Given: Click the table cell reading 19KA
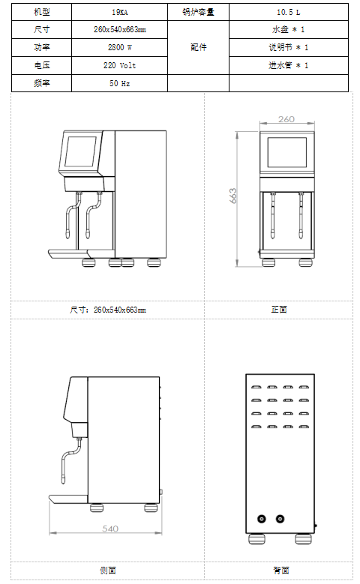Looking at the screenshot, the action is click(x=120, y=12).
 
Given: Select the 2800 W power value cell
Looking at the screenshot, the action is click(x=120, y=47).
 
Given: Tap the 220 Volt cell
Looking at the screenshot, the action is click(x=120, y=65).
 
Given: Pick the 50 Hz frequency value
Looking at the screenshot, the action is click(x=120, y=83).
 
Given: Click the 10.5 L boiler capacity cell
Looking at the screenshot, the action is click(x=289, y=12).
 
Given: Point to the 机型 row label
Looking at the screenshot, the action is click(x=42, y=12).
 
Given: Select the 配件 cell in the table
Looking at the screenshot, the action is click(x=198, y=47).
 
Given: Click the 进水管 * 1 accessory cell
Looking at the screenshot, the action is click(x=289, y=65).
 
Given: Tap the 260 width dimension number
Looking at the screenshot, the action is click(x=286, y=119).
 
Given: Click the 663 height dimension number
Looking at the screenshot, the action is click(x=233, y=196).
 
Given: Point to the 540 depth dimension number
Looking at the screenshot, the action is click(x=110, y=529).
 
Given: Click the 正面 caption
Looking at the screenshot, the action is click(x=279, y=310).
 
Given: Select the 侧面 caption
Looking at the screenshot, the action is click(x=108, y=571).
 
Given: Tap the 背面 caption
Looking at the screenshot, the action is click(x=281, y=571).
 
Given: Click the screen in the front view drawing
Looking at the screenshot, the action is click(x=287, y=153).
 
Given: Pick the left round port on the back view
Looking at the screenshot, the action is click(x=262, y=519).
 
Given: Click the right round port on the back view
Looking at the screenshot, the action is click(x=280, y=519).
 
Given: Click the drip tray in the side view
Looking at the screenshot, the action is click(x=68, y=499).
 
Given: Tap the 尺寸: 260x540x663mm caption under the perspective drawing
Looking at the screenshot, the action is click(x=108, y=310).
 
